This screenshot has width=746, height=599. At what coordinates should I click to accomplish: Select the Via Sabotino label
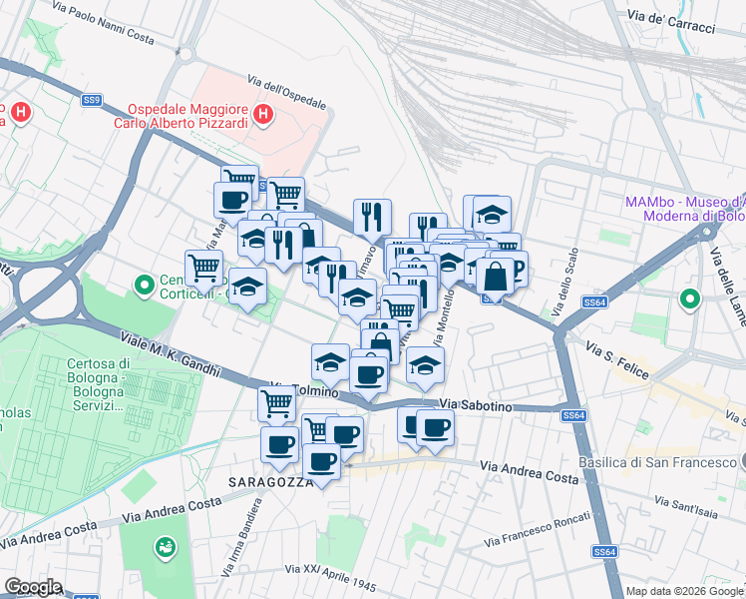coord(476,405)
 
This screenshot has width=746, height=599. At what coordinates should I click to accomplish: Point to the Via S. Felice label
coord(618,361)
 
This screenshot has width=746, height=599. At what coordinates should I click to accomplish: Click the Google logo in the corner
coord(33,587)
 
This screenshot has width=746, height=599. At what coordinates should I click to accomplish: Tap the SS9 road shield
coord(92,100)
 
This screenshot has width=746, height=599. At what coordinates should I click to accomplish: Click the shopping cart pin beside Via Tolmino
coord(276,401)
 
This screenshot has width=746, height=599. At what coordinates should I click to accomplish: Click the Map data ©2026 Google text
coord(683,591)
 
